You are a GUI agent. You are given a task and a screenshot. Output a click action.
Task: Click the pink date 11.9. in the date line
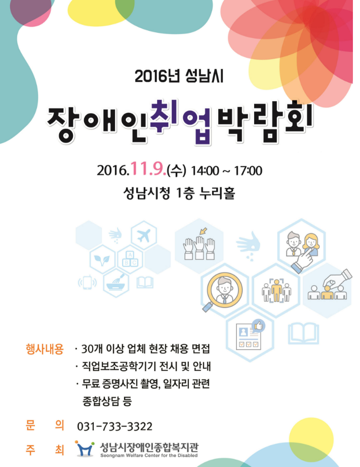[x=148, y=169]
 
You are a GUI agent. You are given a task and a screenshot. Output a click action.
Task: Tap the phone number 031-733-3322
[x=114, y=426]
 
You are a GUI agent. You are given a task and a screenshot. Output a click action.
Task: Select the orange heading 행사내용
[x=45, y=349]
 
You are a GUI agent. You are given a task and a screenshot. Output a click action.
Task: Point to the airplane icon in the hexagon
[x=143, y=236]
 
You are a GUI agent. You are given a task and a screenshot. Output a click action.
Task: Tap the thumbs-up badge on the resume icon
[x=258, y=326]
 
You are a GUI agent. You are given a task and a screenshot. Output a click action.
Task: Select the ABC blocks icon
[x=130, y=259]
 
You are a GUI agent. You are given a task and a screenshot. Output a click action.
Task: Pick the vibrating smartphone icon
[x=87, y=283]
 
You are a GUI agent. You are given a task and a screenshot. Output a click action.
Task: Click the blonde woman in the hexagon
[x=311, y=245]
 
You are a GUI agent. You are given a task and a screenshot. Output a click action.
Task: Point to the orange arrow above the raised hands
[x=204, y=231]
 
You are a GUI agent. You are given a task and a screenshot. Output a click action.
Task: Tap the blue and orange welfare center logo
[x=85, y=449]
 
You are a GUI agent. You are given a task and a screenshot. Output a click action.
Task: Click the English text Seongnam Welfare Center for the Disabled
[x=149, y=455]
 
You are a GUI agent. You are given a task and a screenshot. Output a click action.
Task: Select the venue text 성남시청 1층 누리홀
[x=179, y=193]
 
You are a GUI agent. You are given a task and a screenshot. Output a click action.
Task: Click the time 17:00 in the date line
[x=248, y=171]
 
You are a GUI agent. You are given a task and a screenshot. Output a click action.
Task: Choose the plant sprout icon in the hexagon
[x=102, y=260]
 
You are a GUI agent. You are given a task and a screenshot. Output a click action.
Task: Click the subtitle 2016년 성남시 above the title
[x=179, y=76]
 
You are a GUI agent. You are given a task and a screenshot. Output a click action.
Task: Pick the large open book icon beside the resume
[x=303, y=333]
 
